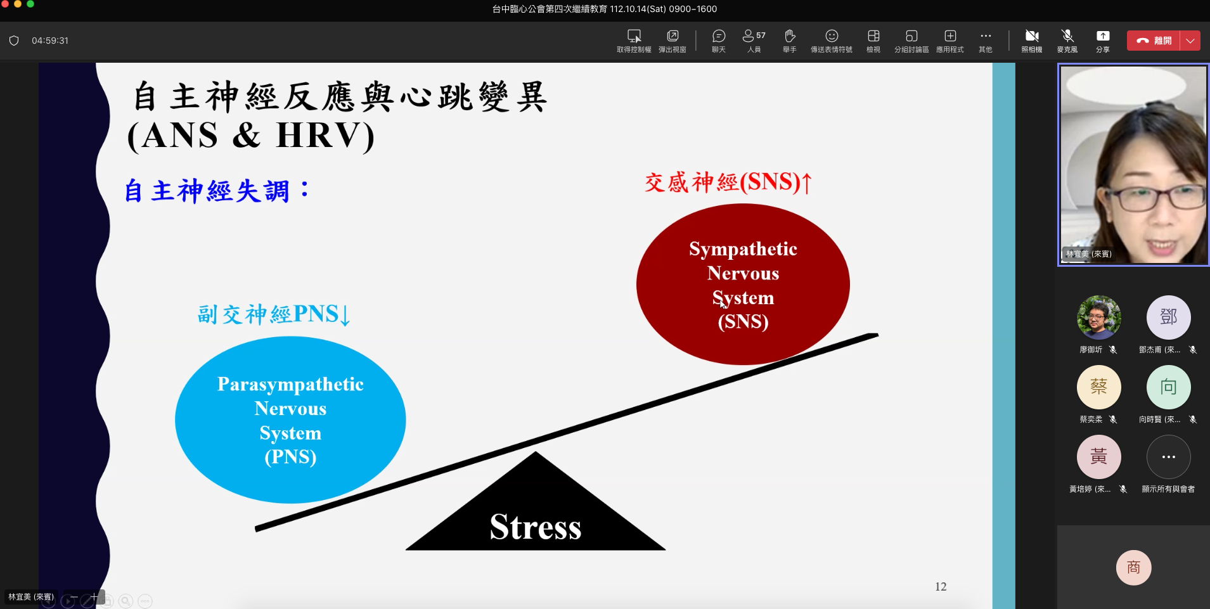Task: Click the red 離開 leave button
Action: tap(1154, 41)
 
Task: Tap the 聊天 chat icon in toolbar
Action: tap(718, 36)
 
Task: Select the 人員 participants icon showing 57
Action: tap(754, 36)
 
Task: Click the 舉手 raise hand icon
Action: tap(789, 36)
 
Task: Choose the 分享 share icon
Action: tap(1103, 36)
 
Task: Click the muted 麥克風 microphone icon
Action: tap(1067, 36)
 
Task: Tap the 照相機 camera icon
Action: tap(1032, 36)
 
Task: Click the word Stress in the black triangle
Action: tap(536, 527)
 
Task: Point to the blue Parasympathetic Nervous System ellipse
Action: tap(290, 420)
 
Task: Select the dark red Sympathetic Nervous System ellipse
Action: tap(743, 284)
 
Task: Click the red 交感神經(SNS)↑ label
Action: tap(728, 183)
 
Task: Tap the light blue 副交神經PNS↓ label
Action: tap(274, 314)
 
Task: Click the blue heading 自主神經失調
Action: tap(207, 191)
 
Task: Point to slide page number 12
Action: tap(941, 587)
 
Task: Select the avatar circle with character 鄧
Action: tap(1168, 317)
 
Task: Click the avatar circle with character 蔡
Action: tap(1098, 387)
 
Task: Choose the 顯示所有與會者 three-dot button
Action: tap(1168, 456)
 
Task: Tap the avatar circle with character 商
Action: tap(1133, 567)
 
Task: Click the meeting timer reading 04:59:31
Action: tap(50, 41)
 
